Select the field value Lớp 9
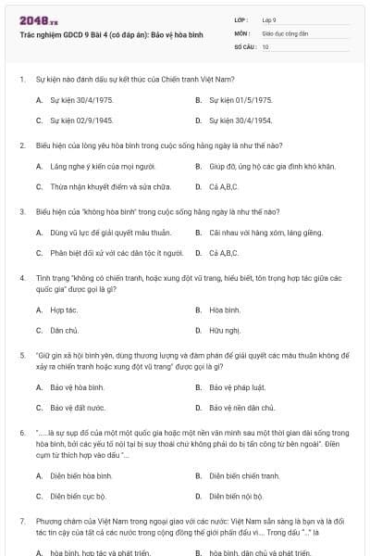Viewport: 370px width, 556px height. pyautogui.click(x=269, y=19)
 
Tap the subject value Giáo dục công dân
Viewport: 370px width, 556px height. pyautogui.click(x=282, y=32)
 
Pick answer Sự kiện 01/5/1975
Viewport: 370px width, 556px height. pyautogui.click(x=240, y=99)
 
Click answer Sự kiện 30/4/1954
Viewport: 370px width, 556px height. pyautogui.click(x=240, y=120)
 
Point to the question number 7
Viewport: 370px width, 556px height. pyautogui.click(x=22, y=521)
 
